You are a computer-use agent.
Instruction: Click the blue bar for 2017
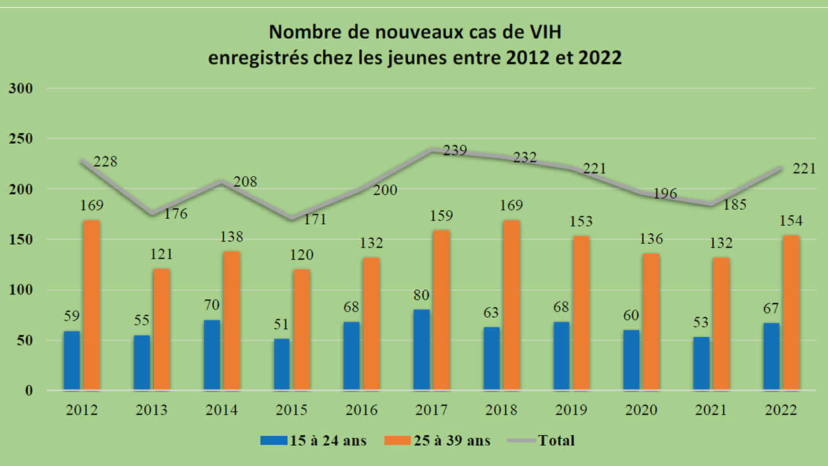(x=421, y=350)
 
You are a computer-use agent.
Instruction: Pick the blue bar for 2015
(x=281, y=364)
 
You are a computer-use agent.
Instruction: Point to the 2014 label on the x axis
(x=221, y=410)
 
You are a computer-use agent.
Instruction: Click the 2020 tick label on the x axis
(x=641, y=410)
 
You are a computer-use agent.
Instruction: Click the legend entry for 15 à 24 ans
(x=314, y=441)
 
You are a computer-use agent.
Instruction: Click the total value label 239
(x=455, y=151)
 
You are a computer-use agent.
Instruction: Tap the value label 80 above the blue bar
(x=421, y=296)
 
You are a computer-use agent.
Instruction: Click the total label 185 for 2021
(x=735, y=205)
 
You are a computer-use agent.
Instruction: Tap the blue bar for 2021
(x=701, y=364)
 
